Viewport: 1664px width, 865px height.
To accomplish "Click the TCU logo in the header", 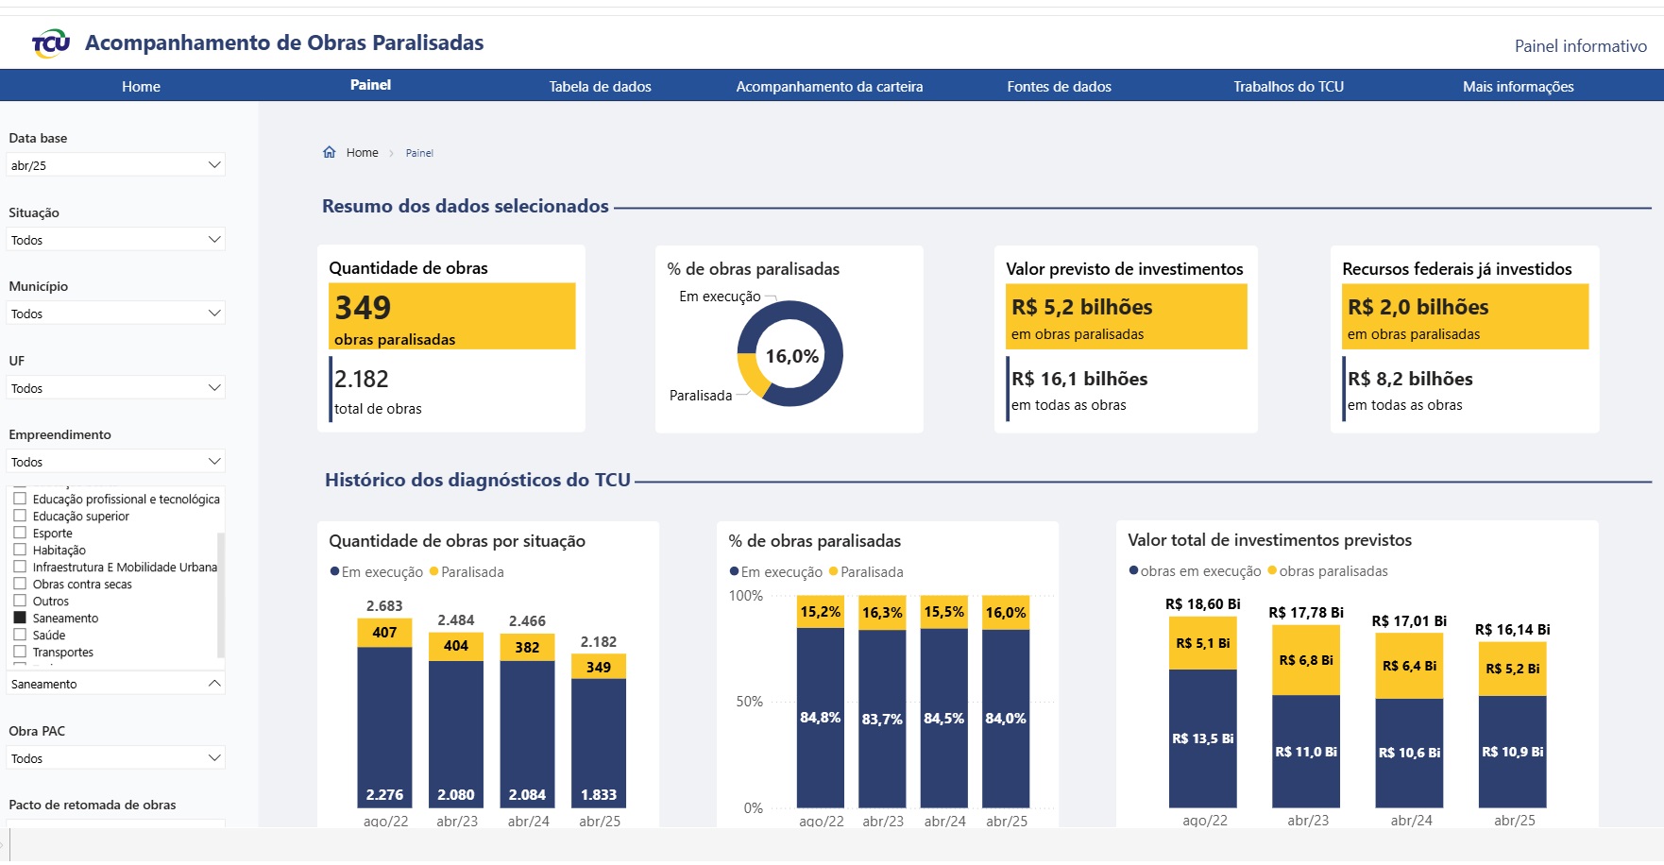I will (x=51, y=43).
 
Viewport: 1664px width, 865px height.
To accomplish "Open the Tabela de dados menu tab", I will (x=600, y=87).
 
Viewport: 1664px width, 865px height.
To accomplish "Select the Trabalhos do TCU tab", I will (x=1288, y=87).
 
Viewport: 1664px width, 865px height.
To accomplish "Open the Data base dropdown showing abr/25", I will (x=115, y=165).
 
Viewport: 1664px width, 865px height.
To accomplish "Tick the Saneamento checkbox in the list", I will (x=20, y=618).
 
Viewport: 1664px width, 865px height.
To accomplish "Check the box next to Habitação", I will (x=20, y=550).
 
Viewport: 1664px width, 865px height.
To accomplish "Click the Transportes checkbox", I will (x=20, y=652).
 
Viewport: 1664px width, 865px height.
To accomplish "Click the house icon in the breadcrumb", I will (x=330, y=152).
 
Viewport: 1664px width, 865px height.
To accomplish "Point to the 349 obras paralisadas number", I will (x=363, y=308).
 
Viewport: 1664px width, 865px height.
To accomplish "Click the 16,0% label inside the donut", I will (x=791, y=356).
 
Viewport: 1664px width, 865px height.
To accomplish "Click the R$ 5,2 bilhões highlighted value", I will (x=1081, y=307).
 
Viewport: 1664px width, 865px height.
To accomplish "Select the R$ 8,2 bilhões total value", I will (x=1410, y=379).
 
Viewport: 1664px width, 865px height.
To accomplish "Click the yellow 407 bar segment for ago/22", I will (x=384, y=632).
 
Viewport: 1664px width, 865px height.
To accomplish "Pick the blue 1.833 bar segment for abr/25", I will (x=599, y=746).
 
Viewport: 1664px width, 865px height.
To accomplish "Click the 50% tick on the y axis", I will (x=749, y=702).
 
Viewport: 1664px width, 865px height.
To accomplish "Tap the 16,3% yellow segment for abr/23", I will (x=882, y=612).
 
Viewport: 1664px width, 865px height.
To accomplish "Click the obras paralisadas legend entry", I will (x=1332, y=571).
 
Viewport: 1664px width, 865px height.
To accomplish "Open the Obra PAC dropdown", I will (x=115, y=758).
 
